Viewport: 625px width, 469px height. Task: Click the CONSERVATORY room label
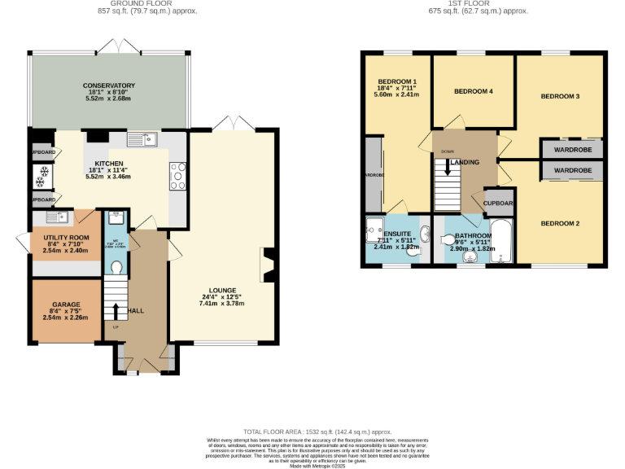point(108,85)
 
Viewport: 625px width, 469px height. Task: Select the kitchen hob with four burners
point(177,176)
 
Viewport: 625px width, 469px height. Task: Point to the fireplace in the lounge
point(268,265)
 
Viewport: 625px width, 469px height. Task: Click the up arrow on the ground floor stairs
point(115,313)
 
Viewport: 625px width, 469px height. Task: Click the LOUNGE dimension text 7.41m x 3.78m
point(221,304)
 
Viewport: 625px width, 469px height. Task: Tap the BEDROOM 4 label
point(473,91)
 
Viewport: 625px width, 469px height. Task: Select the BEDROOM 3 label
point(560,96)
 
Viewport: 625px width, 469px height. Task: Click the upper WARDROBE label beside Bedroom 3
point(572,150)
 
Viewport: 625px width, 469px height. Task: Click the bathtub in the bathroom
point(501,240)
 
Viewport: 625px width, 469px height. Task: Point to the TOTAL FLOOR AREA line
point(317,432)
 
